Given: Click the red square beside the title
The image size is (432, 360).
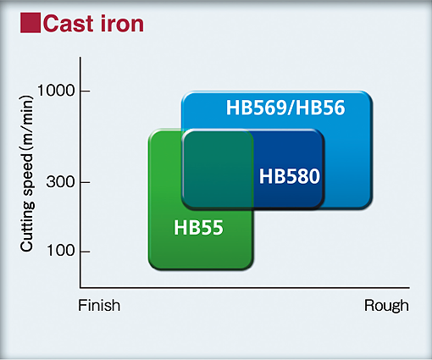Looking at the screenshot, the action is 30,23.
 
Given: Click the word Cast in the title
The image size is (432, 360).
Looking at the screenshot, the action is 68,24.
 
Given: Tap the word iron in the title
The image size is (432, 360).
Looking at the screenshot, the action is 122,24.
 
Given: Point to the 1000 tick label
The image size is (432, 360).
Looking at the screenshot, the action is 56,91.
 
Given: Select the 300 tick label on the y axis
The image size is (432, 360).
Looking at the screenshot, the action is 60,181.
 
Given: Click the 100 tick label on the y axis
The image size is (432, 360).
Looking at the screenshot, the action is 60,251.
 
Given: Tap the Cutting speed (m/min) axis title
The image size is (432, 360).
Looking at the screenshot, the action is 27,174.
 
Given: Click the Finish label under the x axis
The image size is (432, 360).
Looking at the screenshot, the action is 99,306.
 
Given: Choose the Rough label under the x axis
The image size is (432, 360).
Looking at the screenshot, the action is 386,306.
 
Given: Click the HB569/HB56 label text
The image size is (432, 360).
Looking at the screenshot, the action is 285,108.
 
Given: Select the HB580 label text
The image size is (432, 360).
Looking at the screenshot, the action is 290,176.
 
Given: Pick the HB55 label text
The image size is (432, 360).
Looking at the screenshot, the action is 198,228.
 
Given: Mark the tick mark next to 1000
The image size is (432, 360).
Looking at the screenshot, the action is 85,91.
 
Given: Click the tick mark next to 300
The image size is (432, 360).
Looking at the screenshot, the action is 85,182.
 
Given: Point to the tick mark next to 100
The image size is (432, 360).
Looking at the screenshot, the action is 85,251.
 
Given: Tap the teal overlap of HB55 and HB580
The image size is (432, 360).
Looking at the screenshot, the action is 218,169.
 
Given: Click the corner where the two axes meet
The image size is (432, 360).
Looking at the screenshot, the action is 80,288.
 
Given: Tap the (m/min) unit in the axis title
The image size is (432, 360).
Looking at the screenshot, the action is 27,123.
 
